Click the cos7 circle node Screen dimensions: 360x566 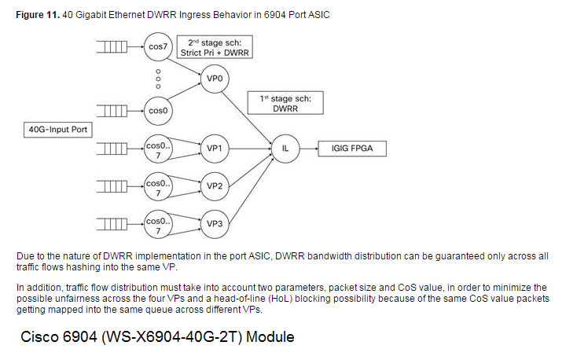click(x=158, y=46)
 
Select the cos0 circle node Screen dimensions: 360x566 click(x=158, y=111)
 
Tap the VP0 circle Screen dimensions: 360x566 click(x=214, y=79)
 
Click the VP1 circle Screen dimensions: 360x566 click(x=214, y=147)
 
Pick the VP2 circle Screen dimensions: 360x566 click(x=214, y=186)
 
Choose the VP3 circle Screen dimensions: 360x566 click(x=214, y=223)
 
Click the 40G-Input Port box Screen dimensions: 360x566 click(x=60, y=129)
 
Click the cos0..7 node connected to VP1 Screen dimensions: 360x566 click(x=158, y=147)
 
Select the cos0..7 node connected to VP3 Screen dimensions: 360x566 click(x=158, y=223)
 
